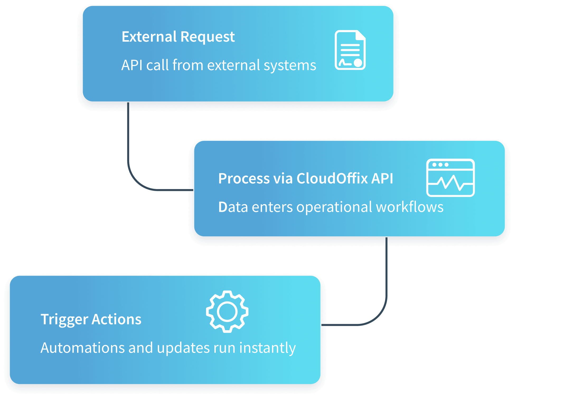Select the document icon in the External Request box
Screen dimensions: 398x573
tap(350, 50)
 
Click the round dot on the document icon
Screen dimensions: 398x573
tap(358, 63)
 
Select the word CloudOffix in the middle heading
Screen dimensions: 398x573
tap(332, 178)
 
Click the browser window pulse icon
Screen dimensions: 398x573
tap(450, 178)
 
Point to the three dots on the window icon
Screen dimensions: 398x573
tap(440, 165)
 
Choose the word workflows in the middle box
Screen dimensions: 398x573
tap(410, 207)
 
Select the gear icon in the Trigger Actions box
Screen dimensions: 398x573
tap(227, 311)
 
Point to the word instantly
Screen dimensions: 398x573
tap(267, 348)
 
